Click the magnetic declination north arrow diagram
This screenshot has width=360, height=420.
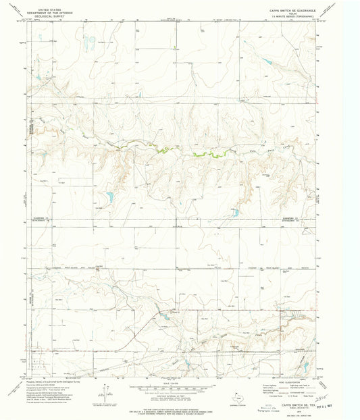104,392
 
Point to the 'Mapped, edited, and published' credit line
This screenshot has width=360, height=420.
54,381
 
